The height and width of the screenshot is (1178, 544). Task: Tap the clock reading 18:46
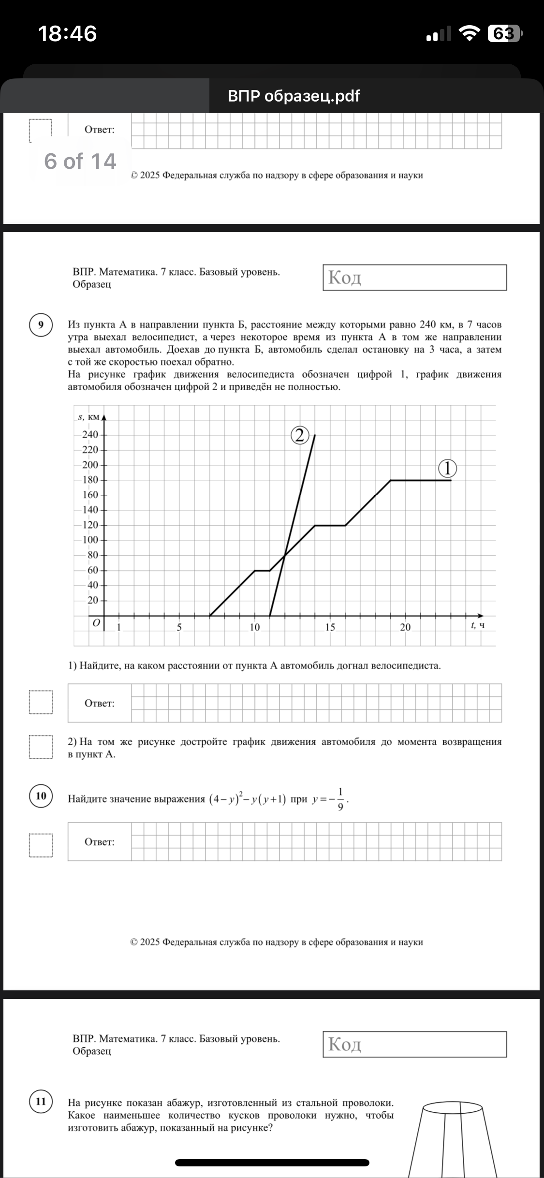67,34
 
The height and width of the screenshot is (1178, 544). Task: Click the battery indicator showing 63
505,34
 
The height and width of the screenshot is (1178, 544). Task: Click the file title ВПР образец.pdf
294,96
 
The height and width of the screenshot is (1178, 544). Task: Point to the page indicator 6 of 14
80,161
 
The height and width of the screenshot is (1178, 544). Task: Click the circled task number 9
41,324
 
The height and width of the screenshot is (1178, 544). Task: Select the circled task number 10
41,795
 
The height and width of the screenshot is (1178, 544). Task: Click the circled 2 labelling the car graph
299,436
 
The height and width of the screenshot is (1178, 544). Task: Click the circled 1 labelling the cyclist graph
447,468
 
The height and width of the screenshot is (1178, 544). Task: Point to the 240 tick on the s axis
90,434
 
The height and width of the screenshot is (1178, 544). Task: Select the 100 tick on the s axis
90,540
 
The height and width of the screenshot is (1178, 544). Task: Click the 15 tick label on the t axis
330,627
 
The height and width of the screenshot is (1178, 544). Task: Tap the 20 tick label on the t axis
405,627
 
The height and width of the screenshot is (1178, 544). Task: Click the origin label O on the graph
96,623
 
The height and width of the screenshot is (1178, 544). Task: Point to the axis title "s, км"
88,417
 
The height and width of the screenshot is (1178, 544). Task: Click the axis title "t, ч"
477,625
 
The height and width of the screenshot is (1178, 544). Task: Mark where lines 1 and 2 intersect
285,555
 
